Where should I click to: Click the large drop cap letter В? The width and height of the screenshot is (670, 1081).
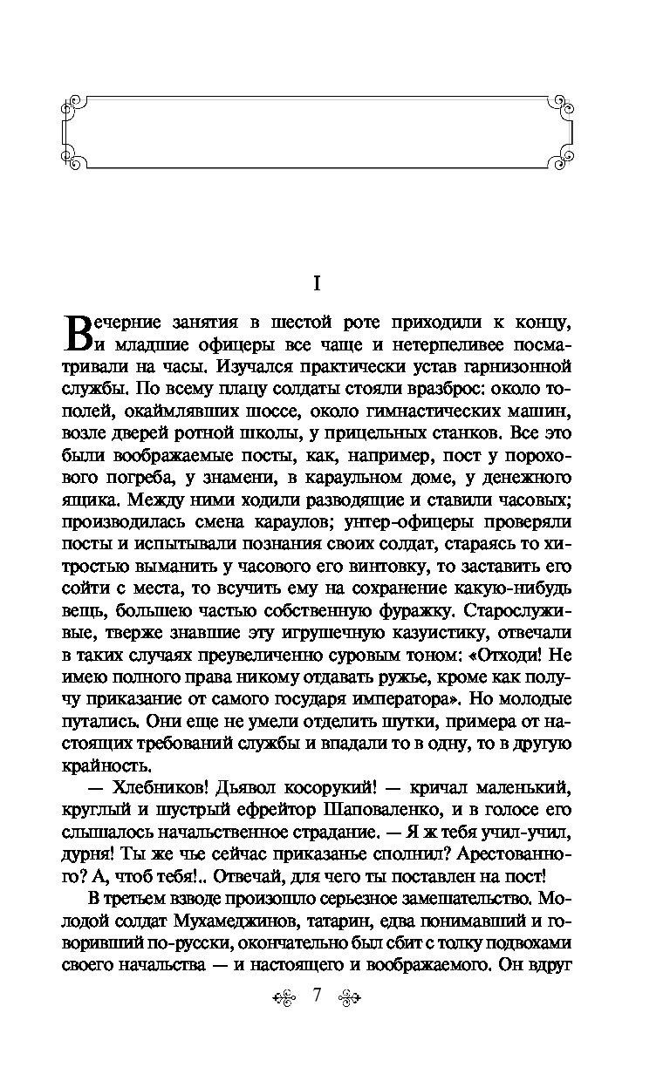(x=79, y=333)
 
